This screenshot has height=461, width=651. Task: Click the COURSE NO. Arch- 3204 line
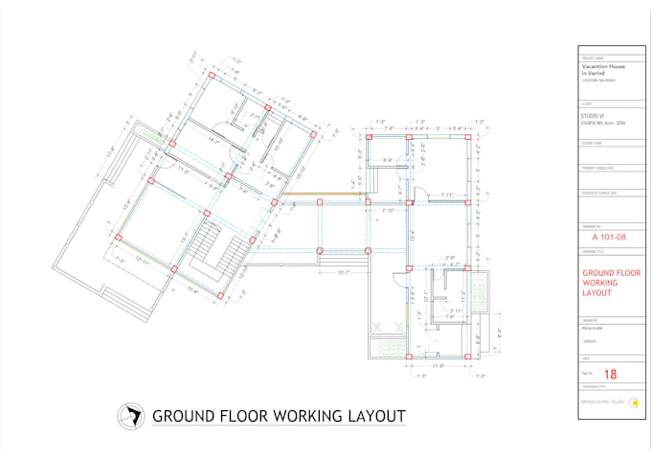(600, 122)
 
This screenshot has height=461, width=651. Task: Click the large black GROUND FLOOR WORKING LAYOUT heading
(279, 417)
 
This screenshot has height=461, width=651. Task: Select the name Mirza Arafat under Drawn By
(591, 328)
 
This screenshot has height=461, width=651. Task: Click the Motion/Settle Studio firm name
(601, 403)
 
